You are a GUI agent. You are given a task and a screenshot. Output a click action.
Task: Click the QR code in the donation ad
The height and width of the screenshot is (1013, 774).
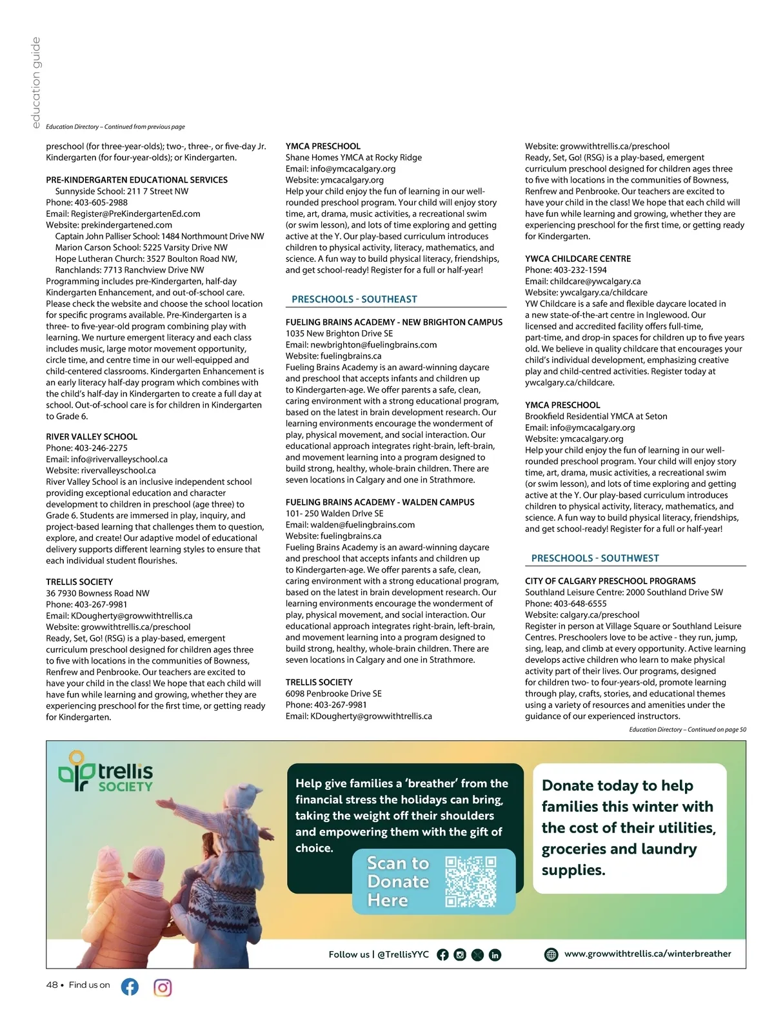pyautogui.click(x=471, y=881)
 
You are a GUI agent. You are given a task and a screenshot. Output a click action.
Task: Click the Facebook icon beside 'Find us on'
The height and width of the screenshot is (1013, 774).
pyautogui.click(x=130, y=987)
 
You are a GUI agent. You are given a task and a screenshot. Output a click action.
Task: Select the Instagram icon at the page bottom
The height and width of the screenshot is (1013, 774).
pyautogui.click(x=163, y=987)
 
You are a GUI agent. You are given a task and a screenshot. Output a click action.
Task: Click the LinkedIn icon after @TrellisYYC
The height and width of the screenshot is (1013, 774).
pyautogui.click(x=495, y=955)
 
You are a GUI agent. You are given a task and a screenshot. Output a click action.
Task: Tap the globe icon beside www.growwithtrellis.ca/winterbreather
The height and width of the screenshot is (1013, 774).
pyautogui.click(x=551, y=954)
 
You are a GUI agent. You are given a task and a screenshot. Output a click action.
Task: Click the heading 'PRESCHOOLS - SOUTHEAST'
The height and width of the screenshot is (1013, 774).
pyautogui.click(x=354, y=299)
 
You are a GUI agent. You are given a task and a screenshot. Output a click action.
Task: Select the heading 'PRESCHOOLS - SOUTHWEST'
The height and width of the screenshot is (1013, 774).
pyautogui.click(x=595, y=558)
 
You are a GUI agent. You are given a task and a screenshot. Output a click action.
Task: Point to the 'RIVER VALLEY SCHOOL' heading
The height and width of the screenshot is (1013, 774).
pyautogui.click(x=92, y=437)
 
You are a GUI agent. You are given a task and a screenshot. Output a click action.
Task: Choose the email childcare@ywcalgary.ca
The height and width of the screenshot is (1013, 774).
pyautogui.click(x=595, y=281)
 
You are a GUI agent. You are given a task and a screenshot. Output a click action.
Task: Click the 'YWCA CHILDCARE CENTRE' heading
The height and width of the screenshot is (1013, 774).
pyautogui.click(x=578, y=259)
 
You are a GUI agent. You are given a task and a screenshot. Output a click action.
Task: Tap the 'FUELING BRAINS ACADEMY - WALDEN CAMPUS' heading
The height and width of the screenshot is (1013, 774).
pyautogui.click(x=380, y=502)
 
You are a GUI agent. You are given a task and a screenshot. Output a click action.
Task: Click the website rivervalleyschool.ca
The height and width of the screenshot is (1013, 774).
pyautogui.click(x=118, y=471)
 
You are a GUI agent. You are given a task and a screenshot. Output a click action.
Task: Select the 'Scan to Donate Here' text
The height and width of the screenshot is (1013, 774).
pyautogui.click(x=398, y=881)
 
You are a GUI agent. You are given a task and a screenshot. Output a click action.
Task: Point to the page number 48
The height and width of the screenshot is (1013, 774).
pyautogui.click(x=52, y=985)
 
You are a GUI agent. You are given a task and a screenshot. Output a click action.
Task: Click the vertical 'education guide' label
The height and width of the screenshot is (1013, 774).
pyautogui.click(x=36, y=82)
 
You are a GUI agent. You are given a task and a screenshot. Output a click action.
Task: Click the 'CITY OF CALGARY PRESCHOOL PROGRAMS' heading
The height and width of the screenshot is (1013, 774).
pyautogui.click(x=610, y=581)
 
